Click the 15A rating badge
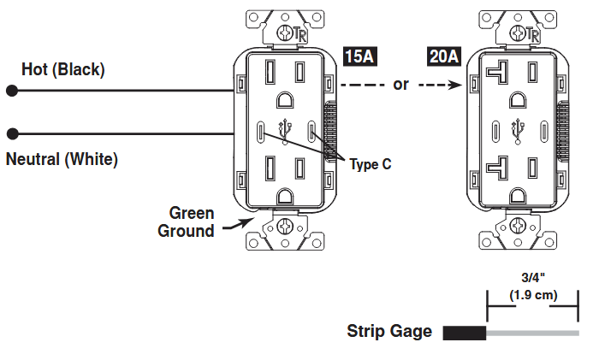click(x=360, y=56)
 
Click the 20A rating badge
click(x=443, y=56)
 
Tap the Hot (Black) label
click(x=63, y=70)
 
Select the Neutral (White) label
click(x=62, y=159)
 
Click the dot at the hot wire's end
click(x=12, y=91)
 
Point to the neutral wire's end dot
click(x=13, y=133)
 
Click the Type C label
click(x=371, y=164)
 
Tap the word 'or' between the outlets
click(x=400, y=85)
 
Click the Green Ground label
click(x=186, y=221)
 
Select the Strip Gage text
click(x=389, y=331)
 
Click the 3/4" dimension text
click(x=533, y=278)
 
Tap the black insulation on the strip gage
click(x=465, y=333)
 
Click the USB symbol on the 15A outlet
click(x=285, y=132)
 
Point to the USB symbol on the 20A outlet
click(x=518, y=132)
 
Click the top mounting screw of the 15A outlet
click(x=285, y=33)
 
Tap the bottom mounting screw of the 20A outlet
click(x=518, y=226)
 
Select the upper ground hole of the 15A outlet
click(x=285, y=100)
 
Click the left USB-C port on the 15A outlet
click(x=261, y=132)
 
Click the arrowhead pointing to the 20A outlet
click(x=456, y=85)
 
